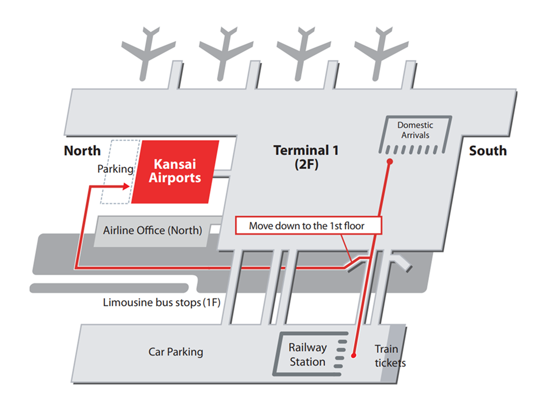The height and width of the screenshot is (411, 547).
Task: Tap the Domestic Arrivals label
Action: [x=415, y=130]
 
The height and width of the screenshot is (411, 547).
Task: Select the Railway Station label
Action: [x=307, y=354]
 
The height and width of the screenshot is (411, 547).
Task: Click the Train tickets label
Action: [x=389, y=356]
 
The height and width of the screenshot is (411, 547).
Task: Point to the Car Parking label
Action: [x=176, y=352]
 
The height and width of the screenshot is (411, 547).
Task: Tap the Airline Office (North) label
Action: [x=152, y=230]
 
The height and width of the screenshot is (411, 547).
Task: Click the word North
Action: [x=82, y=150]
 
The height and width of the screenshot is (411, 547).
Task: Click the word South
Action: [x=487, y=150]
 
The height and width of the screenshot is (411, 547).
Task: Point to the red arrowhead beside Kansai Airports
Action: [x=127, y=186]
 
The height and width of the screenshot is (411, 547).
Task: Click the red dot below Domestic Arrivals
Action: [x=389, y=161]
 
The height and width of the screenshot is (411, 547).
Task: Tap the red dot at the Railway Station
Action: [x=354, y=354]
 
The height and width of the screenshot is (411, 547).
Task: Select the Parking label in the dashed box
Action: [x=115, y=169]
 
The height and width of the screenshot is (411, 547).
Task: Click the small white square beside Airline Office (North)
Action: [x=215, y=229]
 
